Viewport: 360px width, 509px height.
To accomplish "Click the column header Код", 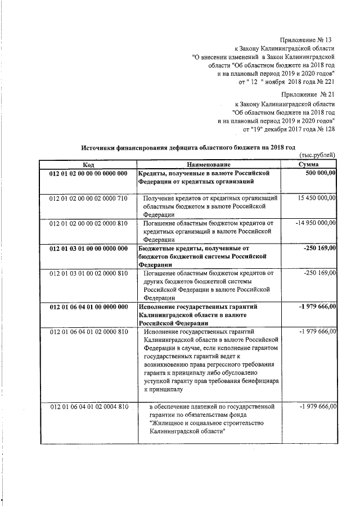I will tap(88, 164).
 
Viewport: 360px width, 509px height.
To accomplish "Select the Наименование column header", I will tap(211, 164).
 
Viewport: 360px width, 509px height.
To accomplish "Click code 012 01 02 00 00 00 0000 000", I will tap(89, 173).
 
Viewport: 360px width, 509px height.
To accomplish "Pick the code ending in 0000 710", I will tap(89, 199).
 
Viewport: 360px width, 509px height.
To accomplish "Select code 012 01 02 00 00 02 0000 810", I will tap(89, 223).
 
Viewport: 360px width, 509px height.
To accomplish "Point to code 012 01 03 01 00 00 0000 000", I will tap(89, 248).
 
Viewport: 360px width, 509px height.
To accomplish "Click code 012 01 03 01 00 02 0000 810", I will tap(89, 273).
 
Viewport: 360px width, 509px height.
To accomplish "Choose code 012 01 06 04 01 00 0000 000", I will tap(89, 307).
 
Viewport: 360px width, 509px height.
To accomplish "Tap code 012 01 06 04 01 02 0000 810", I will tap(89, 332).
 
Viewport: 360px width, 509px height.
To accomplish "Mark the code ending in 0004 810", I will tap(89, 406).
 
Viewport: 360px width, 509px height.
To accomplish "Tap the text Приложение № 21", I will tap(308, 95).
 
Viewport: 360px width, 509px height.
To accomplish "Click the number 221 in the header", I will tap(329, 83).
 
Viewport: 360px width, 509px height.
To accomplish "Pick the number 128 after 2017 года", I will tap(329, 129).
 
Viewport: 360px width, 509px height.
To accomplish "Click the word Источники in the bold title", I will tap(98, 147).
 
